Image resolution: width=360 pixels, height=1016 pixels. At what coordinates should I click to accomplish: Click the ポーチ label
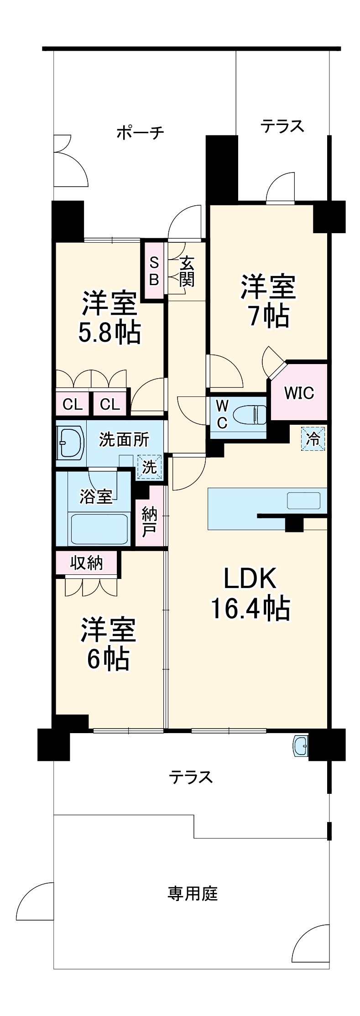coord(140,133)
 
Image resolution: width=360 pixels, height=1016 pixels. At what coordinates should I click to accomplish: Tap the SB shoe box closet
coord(154,271)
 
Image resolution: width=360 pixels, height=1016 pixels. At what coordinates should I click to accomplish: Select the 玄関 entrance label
coord(186,271)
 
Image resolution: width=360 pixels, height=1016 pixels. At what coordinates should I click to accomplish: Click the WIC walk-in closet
coord(299,392)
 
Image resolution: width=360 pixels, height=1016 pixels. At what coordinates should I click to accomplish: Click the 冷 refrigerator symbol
coord(313,438)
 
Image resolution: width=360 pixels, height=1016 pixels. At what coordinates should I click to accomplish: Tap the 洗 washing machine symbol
coord(149,467)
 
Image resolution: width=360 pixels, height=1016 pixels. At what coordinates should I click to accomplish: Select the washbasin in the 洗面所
coord(71,442)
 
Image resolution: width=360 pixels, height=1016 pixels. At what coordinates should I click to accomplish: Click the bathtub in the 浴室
coord(99,529)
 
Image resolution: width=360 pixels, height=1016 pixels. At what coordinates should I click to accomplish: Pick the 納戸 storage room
coord(149,521)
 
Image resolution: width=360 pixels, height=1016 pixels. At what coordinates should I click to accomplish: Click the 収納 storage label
coord(86,563)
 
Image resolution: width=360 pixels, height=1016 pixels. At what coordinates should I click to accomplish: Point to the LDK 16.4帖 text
coord(250,594)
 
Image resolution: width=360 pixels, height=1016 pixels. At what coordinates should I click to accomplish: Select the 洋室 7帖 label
coord(268,301)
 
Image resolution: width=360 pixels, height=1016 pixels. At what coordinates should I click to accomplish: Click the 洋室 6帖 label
coord(109,644)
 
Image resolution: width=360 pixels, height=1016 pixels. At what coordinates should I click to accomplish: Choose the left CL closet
coord(72,404)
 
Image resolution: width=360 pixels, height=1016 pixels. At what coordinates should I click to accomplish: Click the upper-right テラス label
coord(282,126)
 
